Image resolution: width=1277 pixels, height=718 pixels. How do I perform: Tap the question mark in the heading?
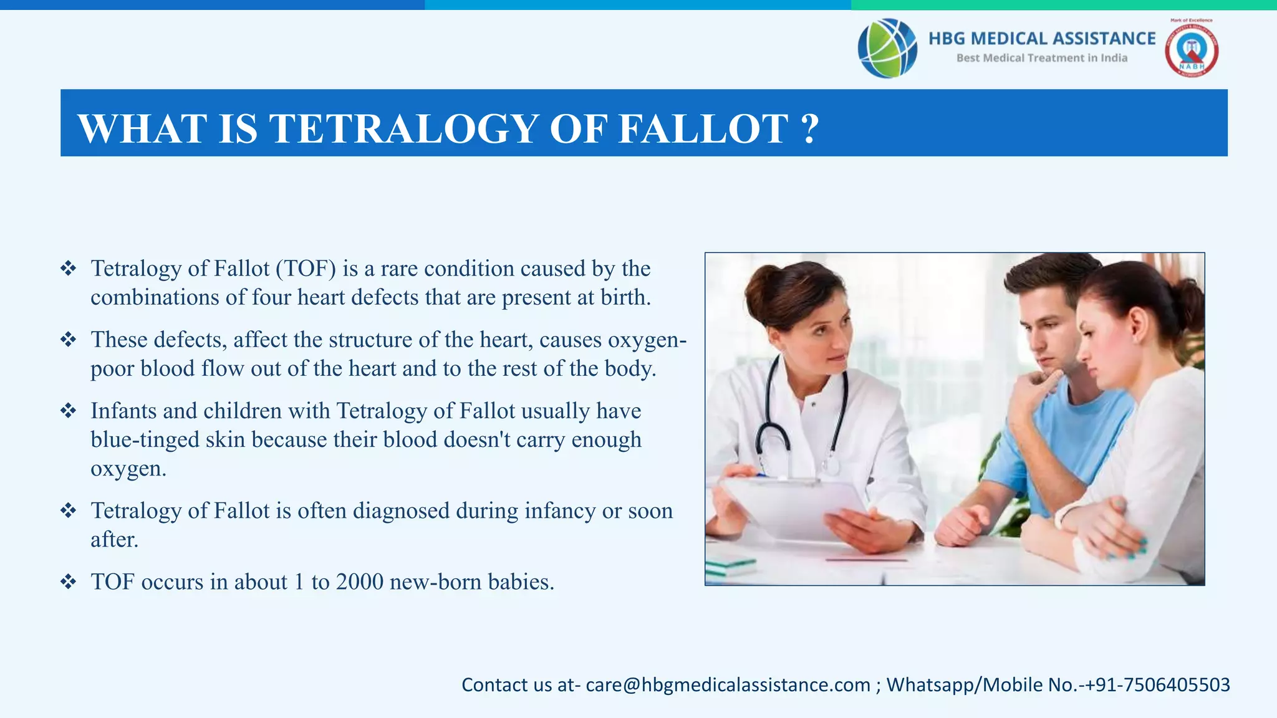point(809,129)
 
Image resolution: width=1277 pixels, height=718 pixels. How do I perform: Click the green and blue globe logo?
point(887,48)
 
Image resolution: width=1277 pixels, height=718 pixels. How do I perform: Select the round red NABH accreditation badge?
point(1192,50)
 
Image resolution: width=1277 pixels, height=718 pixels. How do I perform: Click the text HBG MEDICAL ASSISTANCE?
point(1042,39)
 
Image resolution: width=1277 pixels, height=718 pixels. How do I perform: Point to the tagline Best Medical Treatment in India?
point(1042,58)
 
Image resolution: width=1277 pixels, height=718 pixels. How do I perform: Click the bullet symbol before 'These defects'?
point(68,340)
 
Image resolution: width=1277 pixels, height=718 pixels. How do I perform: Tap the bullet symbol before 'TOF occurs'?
point(68,582)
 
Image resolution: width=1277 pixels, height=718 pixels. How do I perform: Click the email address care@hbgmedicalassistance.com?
point(728,685)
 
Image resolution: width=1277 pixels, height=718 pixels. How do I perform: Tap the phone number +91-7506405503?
point(1157,685)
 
